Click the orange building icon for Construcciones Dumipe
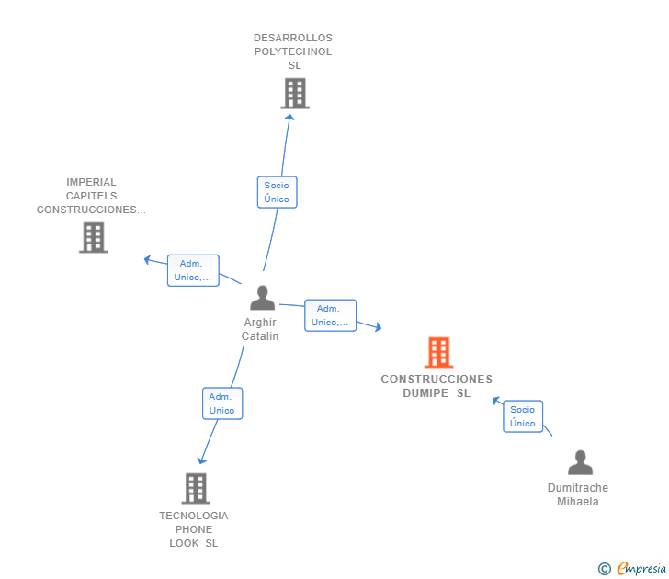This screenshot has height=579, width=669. (x=438, y=352)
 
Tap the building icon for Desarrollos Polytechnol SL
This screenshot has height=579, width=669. (x=294, y=93)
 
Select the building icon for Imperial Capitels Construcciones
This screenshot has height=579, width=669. (x=93, y=237)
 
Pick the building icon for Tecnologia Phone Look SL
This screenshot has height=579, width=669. (x=196, y=488)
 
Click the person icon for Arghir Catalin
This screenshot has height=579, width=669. (x=262, y=299)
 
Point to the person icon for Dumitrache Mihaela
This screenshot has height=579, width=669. (x=580, y=462)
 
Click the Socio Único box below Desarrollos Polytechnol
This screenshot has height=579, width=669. (x=277, y=192)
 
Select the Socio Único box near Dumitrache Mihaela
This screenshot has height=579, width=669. (x=523, y=416)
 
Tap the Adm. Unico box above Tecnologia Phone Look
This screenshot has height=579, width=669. (x=222, y=403)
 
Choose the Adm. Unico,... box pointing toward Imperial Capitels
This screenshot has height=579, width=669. (x=193, y=270)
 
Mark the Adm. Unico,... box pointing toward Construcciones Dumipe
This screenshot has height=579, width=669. (x=330, y=315)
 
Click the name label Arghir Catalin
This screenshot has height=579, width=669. (x=260, y=329)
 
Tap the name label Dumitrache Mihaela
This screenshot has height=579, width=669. (x=578, y=494)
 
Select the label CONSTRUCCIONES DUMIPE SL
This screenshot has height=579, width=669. (x=437, y=386)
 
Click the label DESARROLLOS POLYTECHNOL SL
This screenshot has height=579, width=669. (x=293, y=51)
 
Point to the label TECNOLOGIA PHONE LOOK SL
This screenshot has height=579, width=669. (x=194, y=529)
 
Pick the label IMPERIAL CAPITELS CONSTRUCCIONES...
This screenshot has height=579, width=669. (x=91, y=196)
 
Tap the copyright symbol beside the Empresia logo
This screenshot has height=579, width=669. (x=605, y=570)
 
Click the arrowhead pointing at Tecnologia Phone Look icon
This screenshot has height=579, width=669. (x=201, y=460)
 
